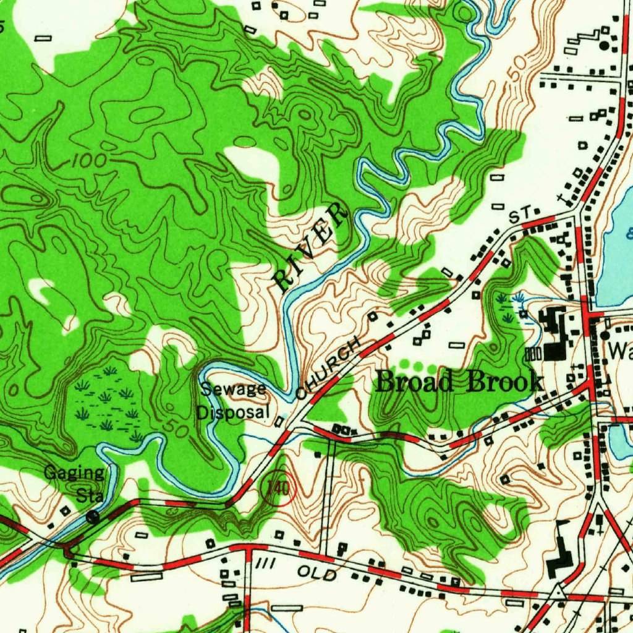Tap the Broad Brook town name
pyautogui.click(x=459, y=382)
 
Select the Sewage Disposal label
pyautogui.click(x=234, y=401)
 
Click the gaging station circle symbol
pyautogui.click(x=93, y=517)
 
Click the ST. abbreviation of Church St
pyautogui.click(x=521, y=215)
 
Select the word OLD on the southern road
pyautogui.click(x=317, y=573)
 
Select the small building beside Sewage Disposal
pyautogui.click(x=279, y=422)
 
